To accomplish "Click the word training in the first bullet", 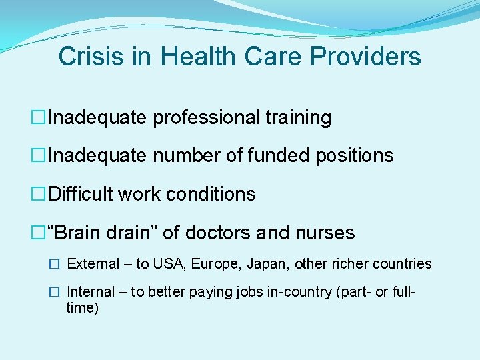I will pos(298,118).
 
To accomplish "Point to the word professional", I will pos(206,118).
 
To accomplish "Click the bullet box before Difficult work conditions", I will pos(41,195).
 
